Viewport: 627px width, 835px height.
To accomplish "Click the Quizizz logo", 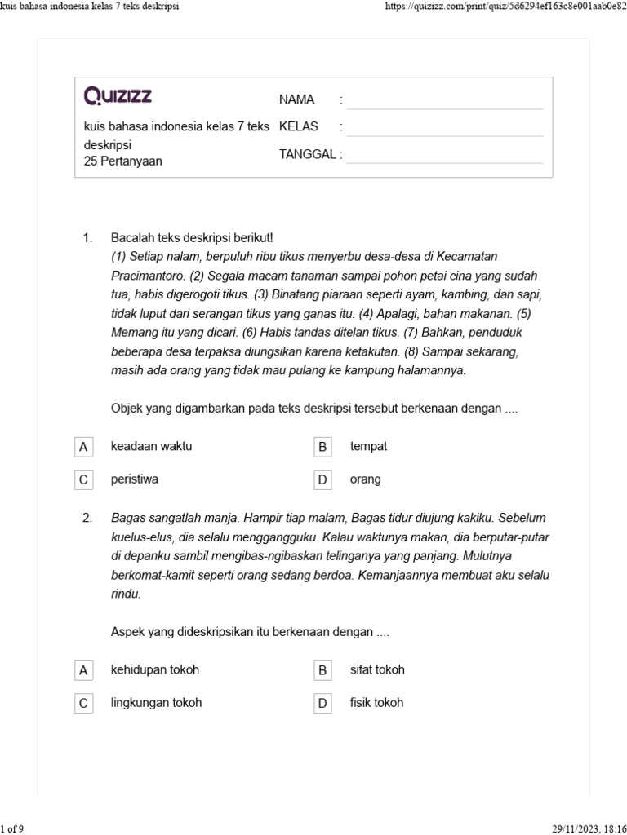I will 118,97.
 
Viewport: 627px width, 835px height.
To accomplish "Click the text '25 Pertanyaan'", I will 122,161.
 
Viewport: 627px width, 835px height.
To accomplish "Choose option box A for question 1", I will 82,447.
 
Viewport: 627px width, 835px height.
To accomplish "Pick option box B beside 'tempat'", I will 322,447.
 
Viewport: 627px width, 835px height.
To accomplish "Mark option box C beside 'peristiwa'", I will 82,480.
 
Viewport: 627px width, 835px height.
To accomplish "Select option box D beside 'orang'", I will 322,480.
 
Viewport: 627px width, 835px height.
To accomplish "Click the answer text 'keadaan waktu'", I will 151,446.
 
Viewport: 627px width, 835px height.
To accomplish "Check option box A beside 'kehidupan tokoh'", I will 82,670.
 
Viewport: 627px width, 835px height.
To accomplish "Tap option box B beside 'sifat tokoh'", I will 322,670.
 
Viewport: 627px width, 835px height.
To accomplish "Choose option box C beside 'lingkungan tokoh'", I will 82,703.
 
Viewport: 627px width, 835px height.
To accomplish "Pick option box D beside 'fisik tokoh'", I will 322,703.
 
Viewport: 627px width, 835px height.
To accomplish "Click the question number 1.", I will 88,238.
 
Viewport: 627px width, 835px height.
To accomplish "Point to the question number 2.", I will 88,518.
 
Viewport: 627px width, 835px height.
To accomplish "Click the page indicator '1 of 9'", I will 12,828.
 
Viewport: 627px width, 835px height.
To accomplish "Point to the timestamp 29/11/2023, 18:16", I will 586,828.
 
